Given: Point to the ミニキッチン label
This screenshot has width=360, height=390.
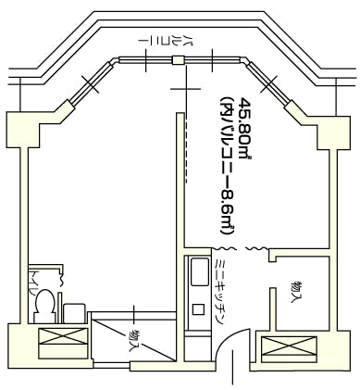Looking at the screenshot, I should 220,290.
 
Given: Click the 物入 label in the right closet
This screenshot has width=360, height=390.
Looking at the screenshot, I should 296,294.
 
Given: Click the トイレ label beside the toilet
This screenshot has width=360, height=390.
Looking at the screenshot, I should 35,280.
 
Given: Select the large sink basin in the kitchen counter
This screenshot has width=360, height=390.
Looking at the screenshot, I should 198,273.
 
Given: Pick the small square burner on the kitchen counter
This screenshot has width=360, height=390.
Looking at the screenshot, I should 196,308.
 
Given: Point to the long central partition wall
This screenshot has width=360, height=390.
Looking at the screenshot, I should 175,204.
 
